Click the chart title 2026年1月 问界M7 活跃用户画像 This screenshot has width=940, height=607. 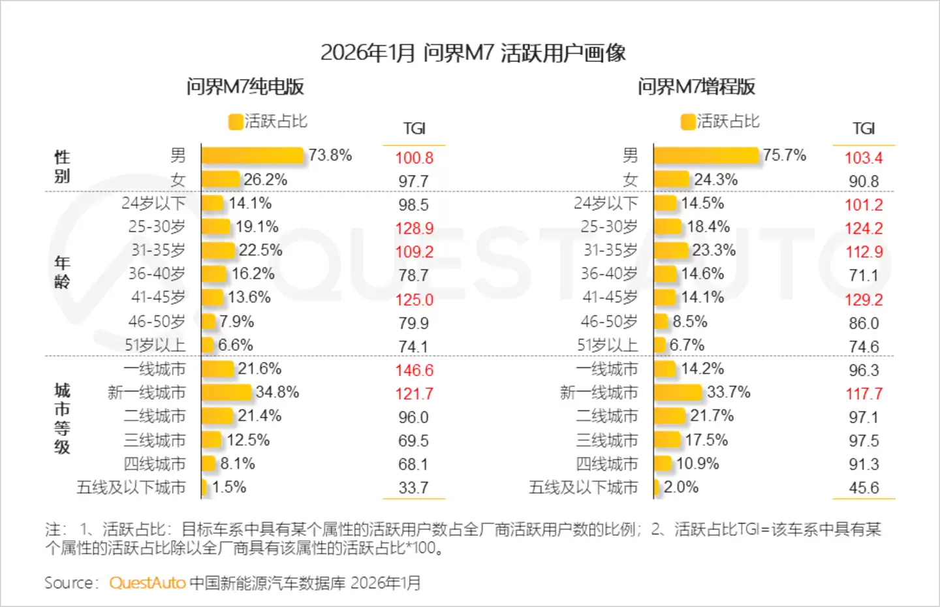click(473, 53)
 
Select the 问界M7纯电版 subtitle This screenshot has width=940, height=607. click(245, 87)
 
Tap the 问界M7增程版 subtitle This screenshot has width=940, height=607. click(696, 87)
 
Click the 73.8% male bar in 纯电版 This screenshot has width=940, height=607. click(253, 155)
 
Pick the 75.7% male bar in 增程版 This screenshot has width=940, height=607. click(706, 155)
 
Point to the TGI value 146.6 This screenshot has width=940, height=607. click(414, 370)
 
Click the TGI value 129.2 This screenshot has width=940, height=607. click(864, 300)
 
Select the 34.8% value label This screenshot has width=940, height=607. click(277, 392)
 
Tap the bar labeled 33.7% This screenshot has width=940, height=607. click(678, 392)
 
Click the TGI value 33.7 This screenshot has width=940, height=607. click(413, 488)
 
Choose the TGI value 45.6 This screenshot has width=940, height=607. click(864, 488)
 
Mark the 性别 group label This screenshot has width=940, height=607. click(62, 166)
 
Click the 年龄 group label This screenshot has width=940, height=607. click(62, 272)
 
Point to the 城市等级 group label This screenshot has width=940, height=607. click(62, 418)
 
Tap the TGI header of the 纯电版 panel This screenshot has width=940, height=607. click(414, 129)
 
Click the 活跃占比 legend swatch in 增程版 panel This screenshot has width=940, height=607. click(687, 122)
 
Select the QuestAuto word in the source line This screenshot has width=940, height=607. click(148, 583)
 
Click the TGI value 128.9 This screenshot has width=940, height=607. click(414, 228)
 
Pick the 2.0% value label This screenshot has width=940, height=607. click(681, 487)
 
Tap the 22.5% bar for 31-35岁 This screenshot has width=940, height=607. click(218, 251)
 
